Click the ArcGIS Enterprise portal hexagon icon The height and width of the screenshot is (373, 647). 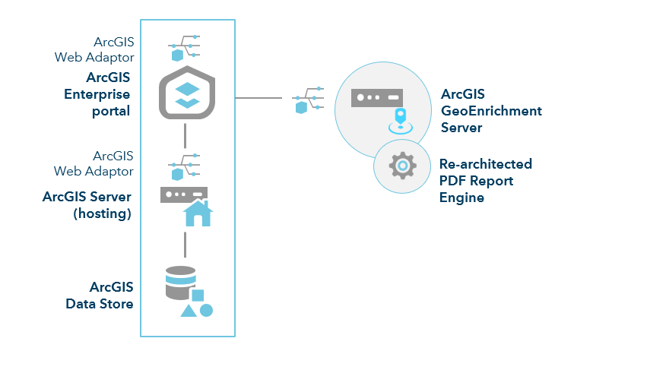(186, 92)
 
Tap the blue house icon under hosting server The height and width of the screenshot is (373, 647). (198, 213)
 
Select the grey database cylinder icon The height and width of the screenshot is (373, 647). (180, 283)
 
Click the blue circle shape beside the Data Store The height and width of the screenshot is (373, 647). (206, 310)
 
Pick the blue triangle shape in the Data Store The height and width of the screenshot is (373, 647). (188, 310)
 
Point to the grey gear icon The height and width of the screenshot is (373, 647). (401, 165)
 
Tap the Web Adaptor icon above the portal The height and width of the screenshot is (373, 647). (184, 47)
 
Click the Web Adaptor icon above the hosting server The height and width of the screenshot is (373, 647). (184, 166)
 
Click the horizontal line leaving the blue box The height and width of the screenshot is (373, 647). (258, 98)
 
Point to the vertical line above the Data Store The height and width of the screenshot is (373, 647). (186, 245)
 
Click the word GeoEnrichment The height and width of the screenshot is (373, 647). (491, 111)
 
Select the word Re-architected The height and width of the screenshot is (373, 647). (486, 164)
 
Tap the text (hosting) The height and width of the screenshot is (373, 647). (102, 213)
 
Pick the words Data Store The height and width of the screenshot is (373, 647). (100, 304)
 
